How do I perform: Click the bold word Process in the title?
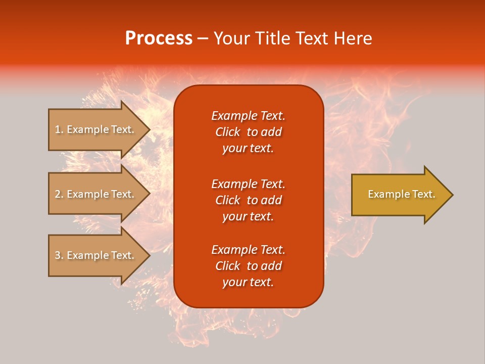pyautogui.click(x=159, y=38)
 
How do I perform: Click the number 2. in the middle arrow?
pyautogui.click(x=59, y=194)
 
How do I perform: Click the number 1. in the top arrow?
pyautogui.click(x=59, y=129)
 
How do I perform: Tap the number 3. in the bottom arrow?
pyautogui.click(x=59, y=255)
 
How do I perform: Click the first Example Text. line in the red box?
pyautogui.click(x=248, y=116)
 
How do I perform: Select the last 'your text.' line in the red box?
pyautogui.click(x=248, y=282)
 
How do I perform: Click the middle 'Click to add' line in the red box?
pyautogui.click(x=248, y=200)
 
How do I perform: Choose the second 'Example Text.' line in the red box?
pyautogui.click(x=248, y=184)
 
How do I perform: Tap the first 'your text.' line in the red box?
pyautogui.click(x=248, y=149)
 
